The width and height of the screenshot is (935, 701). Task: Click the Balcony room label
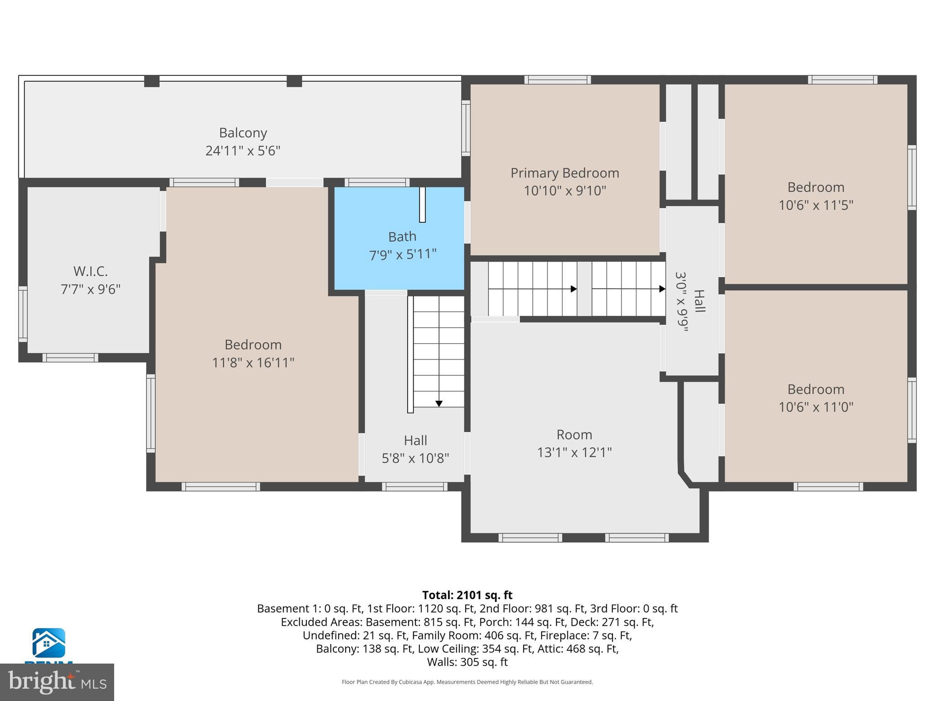pos(242,133)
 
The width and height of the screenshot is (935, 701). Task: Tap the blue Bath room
pos(399,269)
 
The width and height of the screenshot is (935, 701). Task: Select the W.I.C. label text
pos(90,272)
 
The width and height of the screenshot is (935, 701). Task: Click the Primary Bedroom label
pos(565,173)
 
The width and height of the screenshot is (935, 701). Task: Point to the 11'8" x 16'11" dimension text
pos(253,363)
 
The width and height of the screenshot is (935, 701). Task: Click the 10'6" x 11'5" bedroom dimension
pos(815,205)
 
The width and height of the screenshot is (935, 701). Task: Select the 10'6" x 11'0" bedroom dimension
pos(815,407)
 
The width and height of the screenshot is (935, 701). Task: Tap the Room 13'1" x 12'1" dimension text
pos(574,452)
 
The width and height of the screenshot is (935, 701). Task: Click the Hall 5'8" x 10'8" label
pos(415,440)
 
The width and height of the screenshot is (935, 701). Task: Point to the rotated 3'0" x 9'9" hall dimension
pos(682,302)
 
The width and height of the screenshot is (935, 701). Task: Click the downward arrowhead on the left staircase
pos(439,403)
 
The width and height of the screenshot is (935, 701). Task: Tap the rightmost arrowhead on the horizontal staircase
pos(662,289)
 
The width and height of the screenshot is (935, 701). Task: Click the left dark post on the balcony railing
pos(152,81)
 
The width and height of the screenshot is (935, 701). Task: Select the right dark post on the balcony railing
pos(294,81)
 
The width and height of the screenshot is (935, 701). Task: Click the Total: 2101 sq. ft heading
pos(467,595)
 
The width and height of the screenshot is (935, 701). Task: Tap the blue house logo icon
pos(48,643)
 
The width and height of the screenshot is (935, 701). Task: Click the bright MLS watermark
pos(57,682)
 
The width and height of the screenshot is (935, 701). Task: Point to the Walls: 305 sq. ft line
pos(467,662)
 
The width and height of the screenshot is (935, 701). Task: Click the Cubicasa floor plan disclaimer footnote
pos(467,682)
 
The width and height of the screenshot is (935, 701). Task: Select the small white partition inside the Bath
pos(422,204)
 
